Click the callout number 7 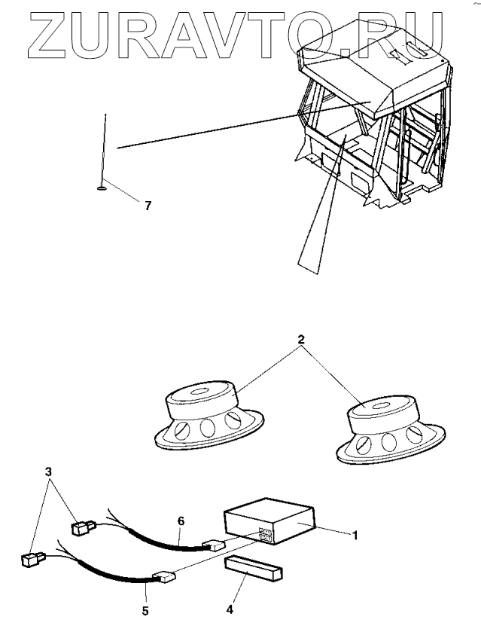[x=148, y=206]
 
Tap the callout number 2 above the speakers [x=301, y=340]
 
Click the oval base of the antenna [x=100, y=190]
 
